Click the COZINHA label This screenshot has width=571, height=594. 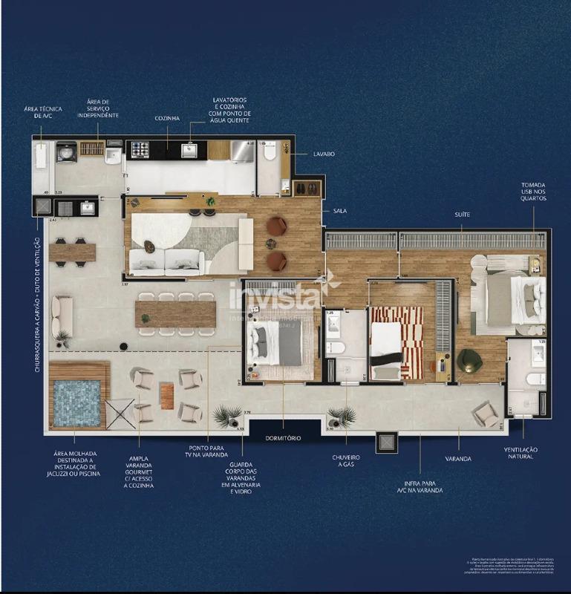pyautogui.click(x=168, y=118)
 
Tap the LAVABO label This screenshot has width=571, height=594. pyautogui.click(x=324, y=154)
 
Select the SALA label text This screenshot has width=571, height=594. pyautogui.click(x=340, y=211)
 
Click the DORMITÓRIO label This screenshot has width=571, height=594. pyautogui.click(x=283, y=438)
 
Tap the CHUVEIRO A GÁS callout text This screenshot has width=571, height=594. pyautogui.click(x=346, y=462)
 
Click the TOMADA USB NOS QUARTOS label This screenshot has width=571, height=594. pyautogui.click(x=533, y=191)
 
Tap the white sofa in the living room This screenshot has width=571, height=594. pyautogui.click(x=167, y=261)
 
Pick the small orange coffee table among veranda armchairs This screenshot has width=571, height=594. pyautogui.click(x=167, y=395)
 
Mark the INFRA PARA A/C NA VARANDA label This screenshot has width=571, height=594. pyautogui.click(x=420, y=486)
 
